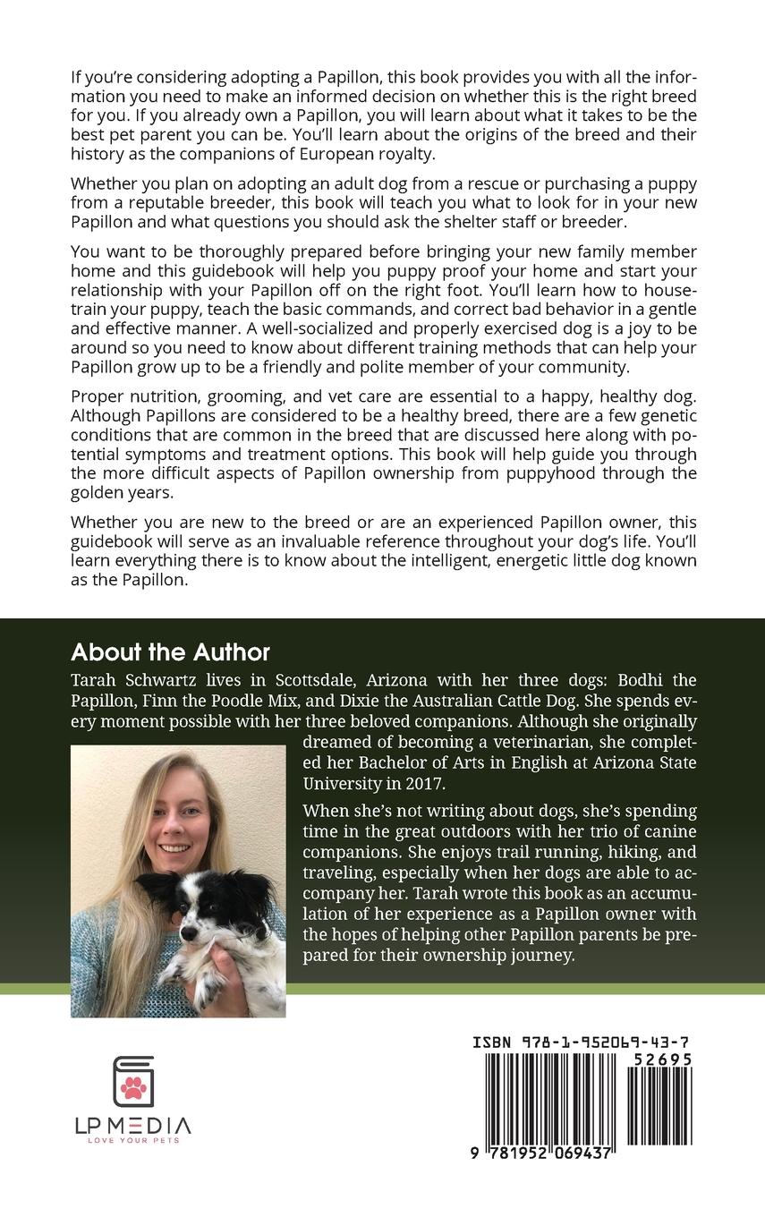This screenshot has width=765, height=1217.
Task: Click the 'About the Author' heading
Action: tap(170, 651)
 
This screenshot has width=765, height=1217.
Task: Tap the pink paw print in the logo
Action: tap(134, 1087)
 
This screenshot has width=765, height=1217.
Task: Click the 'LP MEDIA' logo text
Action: tap(132, 1126)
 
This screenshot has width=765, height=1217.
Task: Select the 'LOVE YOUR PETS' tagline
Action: tap(132, 1140)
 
